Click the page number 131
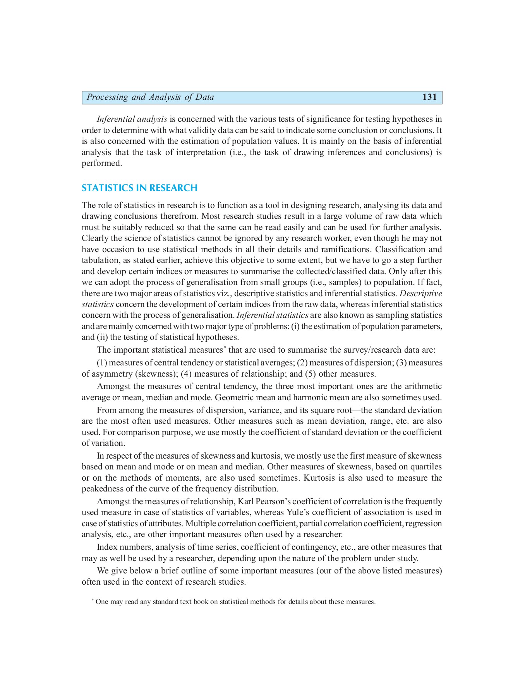pyautogui.click(x=429, y=97)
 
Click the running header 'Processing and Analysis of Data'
pyautogui.click(x=150, y=97)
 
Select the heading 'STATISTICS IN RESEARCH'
pyautogui.click(x=139, y=188)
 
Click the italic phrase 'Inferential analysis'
pyautogui.click(x=132, y=119)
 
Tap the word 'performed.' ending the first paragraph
pyautogui.click(x=102, y=163)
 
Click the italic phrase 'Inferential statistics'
pyautogui.click(x=273, y=316)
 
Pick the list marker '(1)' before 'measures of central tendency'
pyautogui.click(x=102, y=363)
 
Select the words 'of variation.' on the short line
pyautogui.click(x=103, y=443)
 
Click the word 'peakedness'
pyautogui.click(x=102, y=489)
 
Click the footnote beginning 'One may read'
pyautogui.click(x=235, y=602)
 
